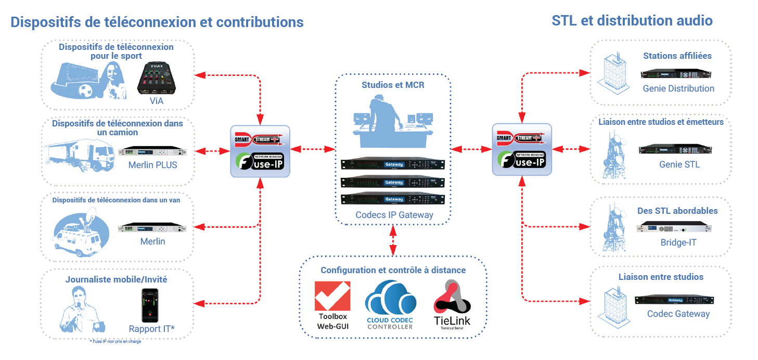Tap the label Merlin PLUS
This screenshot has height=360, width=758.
pyautogui.click(x=152, y=165)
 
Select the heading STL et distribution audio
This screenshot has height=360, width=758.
pyautogui.click(x=632, y=20)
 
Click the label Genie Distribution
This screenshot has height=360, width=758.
pyautogui.click(x=678, y=88)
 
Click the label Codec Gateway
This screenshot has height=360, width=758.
pyautogui.click(x=678, y=314)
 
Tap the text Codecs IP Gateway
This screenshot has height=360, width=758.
pyautogui.click(x=394, y=214)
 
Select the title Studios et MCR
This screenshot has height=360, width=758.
pyautogui.click(x=393, y=85)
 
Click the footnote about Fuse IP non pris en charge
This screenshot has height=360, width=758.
pyautogui.click(x=115, y=341)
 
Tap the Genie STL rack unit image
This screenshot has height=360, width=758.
pyautogui.click(x=675, y=149)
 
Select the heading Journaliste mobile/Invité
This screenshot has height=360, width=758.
pyautogui.click(x=116, y=279)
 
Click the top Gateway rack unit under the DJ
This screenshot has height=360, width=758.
pyautogui.click(x=393, y=164)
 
